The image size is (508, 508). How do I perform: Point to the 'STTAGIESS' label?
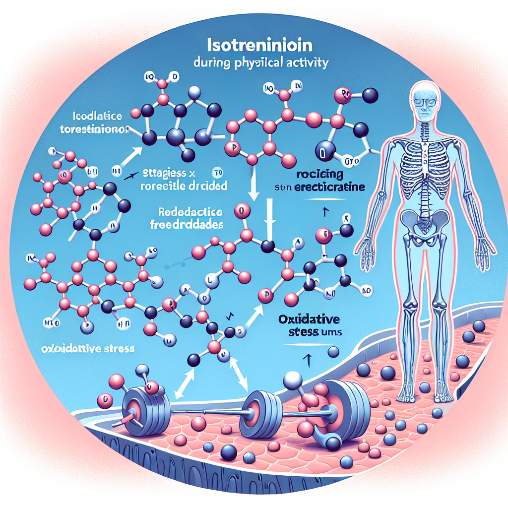point(164,174)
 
